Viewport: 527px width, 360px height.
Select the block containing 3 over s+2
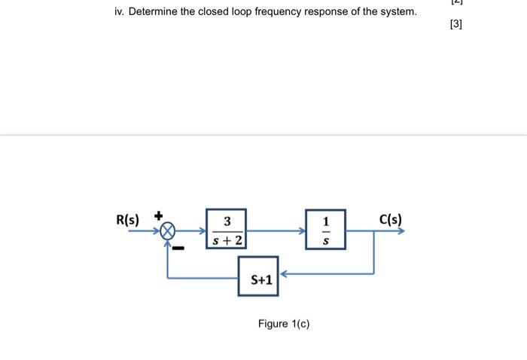tap(227, 230)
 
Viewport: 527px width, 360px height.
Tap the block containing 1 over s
tap(325, 230)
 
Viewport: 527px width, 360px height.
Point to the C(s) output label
tap(390, 220)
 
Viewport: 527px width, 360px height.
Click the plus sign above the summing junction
tap(159, 215)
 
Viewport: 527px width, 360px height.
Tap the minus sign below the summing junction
tap(178, 246)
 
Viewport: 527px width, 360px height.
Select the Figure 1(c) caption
tap(283, 324)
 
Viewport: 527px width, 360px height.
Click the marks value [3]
tap(455, 24)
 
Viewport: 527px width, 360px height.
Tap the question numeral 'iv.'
tap(119, 12)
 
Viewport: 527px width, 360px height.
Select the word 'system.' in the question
tap(397, 12)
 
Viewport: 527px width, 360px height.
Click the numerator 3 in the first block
tap(227, 221)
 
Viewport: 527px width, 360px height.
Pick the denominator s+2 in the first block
tap(227, 239)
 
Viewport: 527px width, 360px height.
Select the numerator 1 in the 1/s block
tap(325, 221)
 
